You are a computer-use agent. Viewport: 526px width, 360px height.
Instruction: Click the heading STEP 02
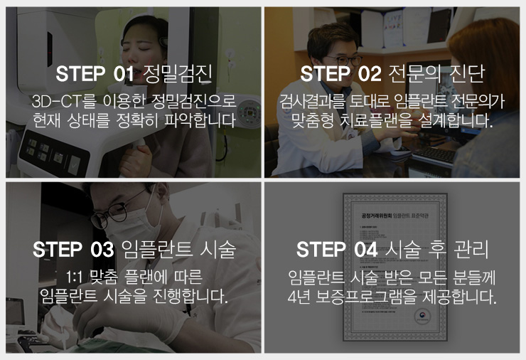[340, 73]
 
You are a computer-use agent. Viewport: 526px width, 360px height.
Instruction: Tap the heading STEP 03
[73, 250]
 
